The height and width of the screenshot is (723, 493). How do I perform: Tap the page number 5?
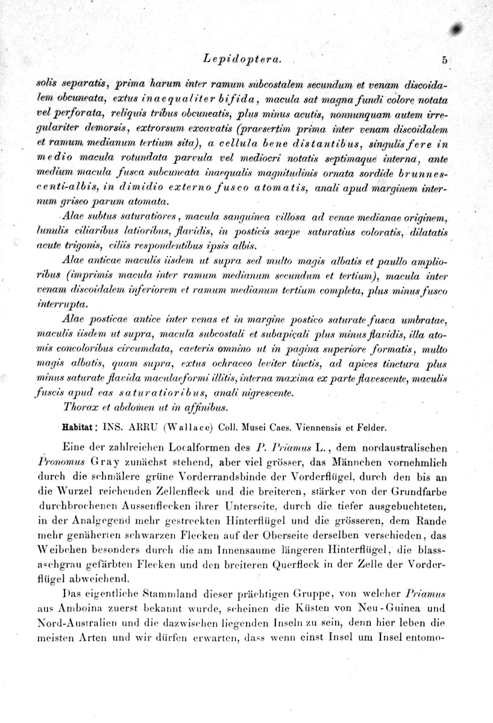tap(444, 60)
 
